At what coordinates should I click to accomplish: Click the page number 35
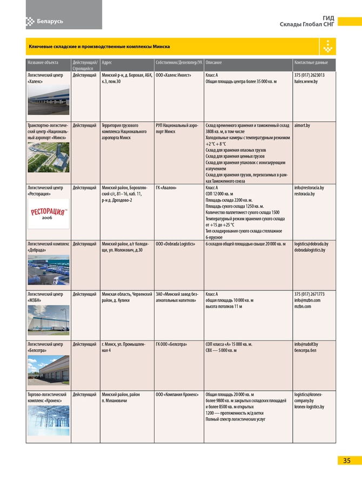(346, 460)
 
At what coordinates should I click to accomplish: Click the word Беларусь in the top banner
(50, 21)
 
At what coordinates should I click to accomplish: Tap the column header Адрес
(107, 63)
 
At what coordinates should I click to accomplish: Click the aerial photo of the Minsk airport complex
(48, 157)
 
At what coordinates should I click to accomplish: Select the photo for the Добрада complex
(48, 269)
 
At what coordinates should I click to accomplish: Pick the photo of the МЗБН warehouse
(48, 320)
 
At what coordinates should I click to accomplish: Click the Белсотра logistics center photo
(48, 370)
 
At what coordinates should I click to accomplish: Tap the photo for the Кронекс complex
(48, 420)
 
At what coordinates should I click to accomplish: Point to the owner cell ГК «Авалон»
(166, 188)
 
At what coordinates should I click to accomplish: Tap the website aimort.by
(303, 125)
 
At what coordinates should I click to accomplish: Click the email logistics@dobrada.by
(311, 244)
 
